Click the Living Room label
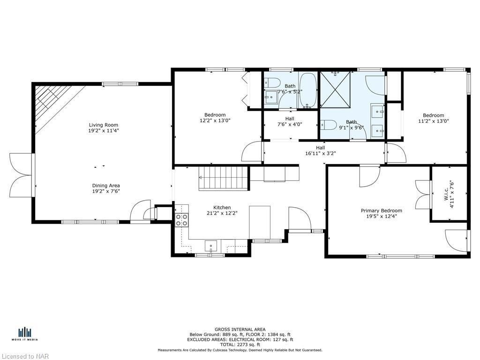pos(104,125)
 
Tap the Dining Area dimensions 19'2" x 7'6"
pos(105,191)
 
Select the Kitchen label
pos(222,208)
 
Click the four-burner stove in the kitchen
pos(181,220)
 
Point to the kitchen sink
pos(211,246)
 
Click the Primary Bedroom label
pos(382,210)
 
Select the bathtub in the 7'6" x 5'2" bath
pos(308,90)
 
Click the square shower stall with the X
pos(335,90)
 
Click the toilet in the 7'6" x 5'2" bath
pos(272,82)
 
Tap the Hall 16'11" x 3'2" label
pos(321,150)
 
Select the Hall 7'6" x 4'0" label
pos(290,121)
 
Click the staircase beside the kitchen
pos(223,179)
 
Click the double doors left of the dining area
pos(21,175)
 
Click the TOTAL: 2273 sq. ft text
pos(240,345)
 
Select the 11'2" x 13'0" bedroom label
pos(434,118)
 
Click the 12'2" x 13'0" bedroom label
pos(215,118)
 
